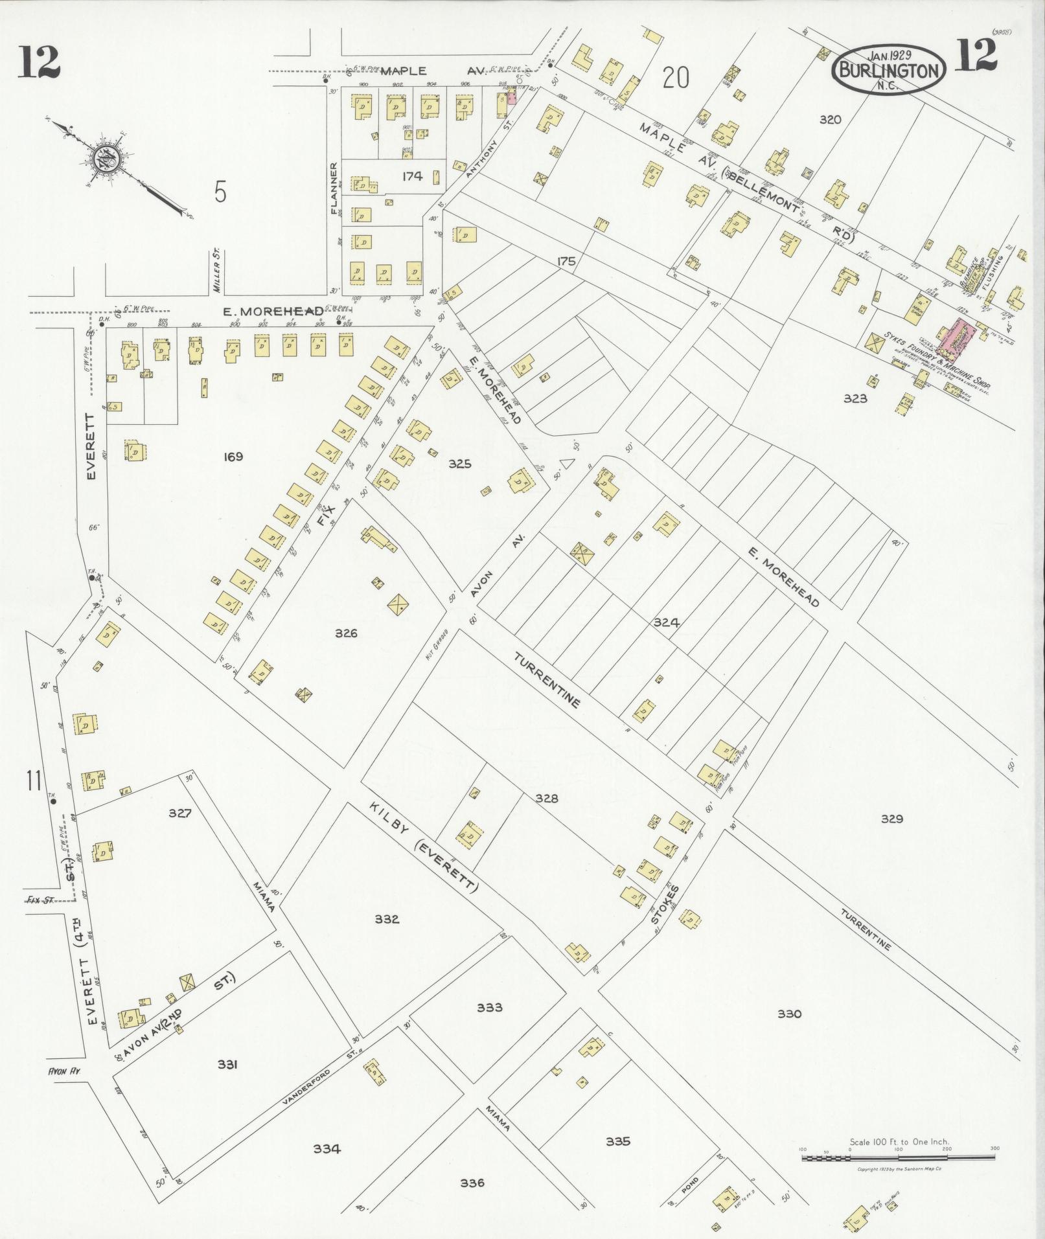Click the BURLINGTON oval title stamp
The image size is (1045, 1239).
pos(889,69)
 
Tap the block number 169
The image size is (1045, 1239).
pos(232,457)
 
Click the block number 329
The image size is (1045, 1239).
pos(891,819)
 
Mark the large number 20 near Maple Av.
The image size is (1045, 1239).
pos(676,78)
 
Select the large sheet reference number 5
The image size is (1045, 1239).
pos(220,192)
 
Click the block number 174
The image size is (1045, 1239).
pos(411,176)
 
